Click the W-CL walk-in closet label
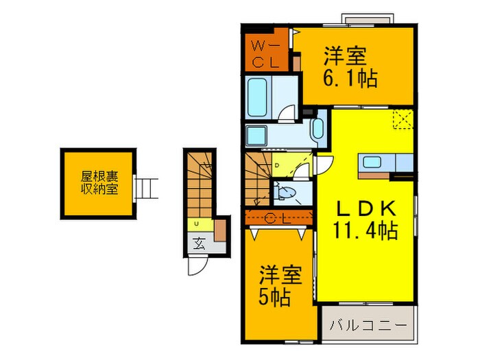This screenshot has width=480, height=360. point(264,53)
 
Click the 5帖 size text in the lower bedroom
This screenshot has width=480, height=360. point(274,298)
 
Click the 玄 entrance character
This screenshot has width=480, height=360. point(198,244)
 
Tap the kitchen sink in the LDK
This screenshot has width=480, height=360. point(374,163)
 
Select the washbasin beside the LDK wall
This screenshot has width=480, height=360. point(317,129)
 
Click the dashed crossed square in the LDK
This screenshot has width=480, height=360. point(401,121)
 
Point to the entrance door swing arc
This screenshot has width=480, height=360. point(195,267)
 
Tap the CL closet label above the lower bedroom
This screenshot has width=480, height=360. point(280,219)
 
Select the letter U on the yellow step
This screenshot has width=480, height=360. point(197,224)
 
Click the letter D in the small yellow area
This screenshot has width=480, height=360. point(276,165)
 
